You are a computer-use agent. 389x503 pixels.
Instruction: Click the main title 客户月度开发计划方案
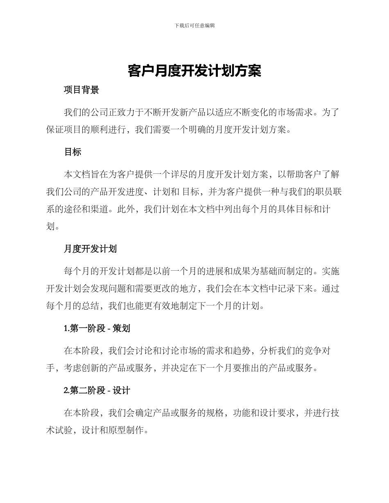194,71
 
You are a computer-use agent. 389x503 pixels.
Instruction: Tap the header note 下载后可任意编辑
194,25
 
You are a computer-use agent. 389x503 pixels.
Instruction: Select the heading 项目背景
81,90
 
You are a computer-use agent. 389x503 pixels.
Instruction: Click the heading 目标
73,152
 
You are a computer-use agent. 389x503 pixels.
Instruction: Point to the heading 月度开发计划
90,249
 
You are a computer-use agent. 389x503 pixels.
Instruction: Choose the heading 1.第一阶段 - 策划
97,328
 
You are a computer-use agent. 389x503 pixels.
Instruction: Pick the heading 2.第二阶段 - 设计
97,391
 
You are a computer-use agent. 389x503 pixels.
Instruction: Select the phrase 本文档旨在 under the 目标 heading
88,174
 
